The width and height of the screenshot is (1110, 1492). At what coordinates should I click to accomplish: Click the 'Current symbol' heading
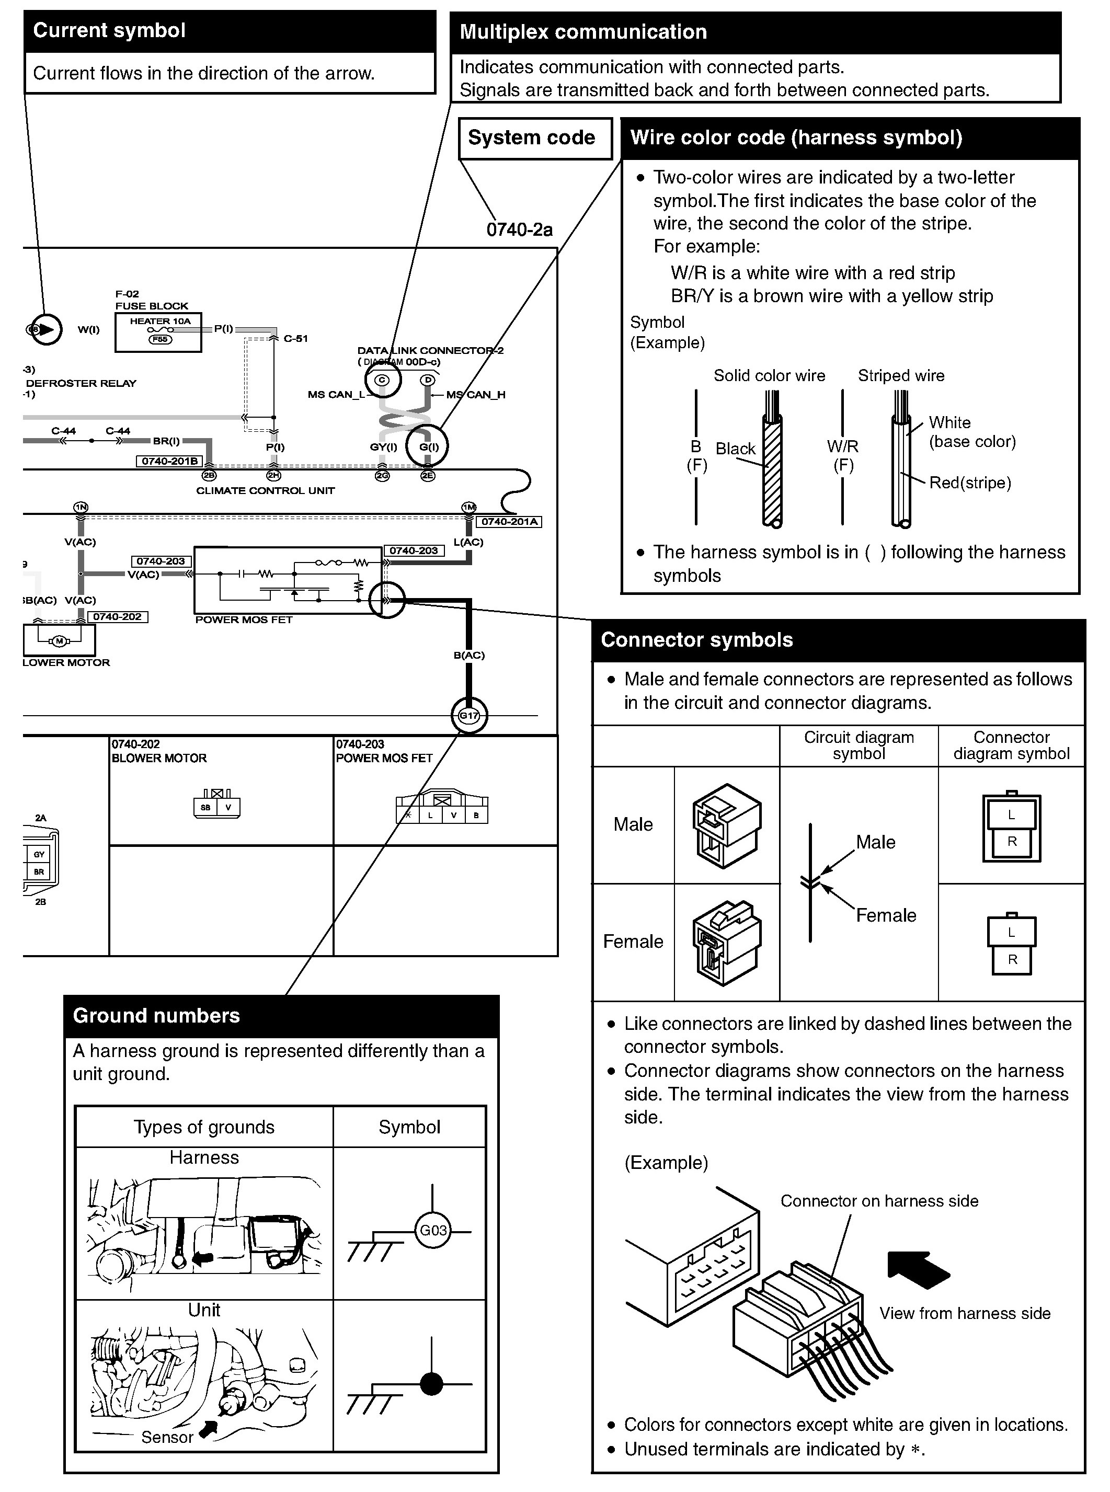point(109,31)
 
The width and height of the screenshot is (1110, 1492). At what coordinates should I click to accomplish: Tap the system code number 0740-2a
point(519,229)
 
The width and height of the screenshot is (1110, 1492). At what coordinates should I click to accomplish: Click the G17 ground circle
point(468,716)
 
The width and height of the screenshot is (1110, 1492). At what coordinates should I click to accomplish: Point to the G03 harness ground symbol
point(433,1230)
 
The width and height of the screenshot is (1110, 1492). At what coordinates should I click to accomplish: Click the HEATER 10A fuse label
point(160,321)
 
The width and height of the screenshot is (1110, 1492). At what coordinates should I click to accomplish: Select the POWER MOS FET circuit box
point(288,580)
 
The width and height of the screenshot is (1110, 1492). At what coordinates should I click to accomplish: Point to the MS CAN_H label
point(476,394)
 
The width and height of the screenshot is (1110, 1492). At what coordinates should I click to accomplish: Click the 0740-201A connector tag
point(509,521)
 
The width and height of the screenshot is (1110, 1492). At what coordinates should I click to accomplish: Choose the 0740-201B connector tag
point(169,461)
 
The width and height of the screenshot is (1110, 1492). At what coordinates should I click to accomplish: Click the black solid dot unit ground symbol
point(431,1384)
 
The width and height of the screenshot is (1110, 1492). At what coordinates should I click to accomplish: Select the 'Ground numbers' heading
point(156,1015)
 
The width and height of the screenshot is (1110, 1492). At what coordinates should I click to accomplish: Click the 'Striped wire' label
point(900,375)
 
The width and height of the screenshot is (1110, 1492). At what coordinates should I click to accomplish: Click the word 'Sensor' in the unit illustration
point(167,1437)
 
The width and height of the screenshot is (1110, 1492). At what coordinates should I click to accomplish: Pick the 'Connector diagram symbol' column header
point(1011,745)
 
